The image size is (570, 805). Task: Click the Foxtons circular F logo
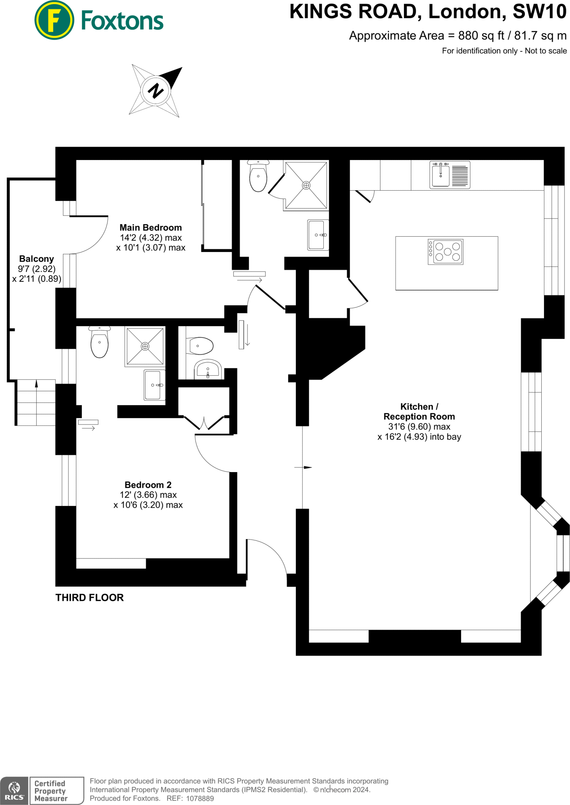pyautogui.click(x=54, y=20)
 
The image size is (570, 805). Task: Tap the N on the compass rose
pyautogui.click(x=156, y=91)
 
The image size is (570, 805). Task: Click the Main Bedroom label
pyautogui.click(x=151, y=228)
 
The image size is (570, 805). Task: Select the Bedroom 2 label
pyautogui.click(x=148, y=485)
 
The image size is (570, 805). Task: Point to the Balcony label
pyautogui.click(x=37, y=259)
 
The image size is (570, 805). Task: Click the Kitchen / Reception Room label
pyautogui.click(x=419, y=412)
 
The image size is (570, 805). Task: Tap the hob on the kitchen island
pyautogui.click(x=445, y=252)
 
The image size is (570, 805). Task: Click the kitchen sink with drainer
pyautogui.click(x=450, y=175)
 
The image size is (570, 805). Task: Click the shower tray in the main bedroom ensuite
pyautogui.click(x=306, y=185)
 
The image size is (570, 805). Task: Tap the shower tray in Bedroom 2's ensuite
pyautogui.click(x=145, y=346)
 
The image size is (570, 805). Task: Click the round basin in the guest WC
pyautogui.click(x=208, y=369)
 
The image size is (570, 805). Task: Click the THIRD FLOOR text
pyautogui.click(x=90, y=597)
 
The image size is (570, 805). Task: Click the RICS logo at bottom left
pyautogui.click(x=14, y=790)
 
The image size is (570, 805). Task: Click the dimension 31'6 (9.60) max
pyautogui.click(x=419, y=426)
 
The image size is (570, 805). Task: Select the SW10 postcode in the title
pyautogui.click(x=539, y=12)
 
